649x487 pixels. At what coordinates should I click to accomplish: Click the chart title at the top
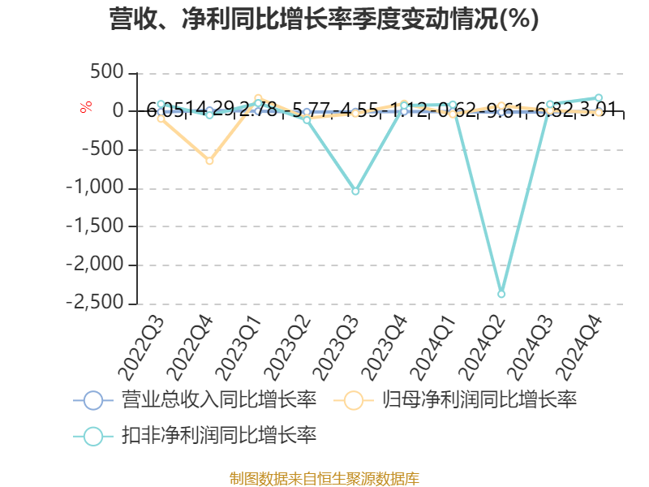pyautogui.click(x=324, y=19)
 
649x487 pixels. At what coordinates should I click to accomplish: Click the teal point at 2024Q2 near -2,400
pyautogui.click(x=501, y=294)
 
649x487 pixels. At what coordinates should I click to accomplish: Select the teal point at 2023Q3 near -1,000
pyautogui.click(x=355, y=191)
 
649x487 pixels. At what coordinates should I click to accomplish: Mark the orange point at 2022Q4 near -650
pyautogui.click(x=209, y=161)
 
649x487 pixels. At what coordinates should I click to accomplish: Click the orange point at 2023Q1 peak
pyautogui.click(x=258, y=98)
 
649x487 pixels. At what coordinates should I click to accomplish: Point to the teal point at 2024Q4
pyautogui.click(x=599, y=97)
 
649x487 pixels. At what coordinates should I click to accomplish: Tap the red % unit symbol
pyautogui.click(x=85, y=107)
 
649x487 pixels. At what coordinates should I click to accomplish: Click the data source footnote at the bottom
pyautogui.click(x=324, y=478)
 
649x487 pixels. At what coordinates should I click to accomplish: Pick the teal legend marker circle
pyautogui.click(x=93, y=435)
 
